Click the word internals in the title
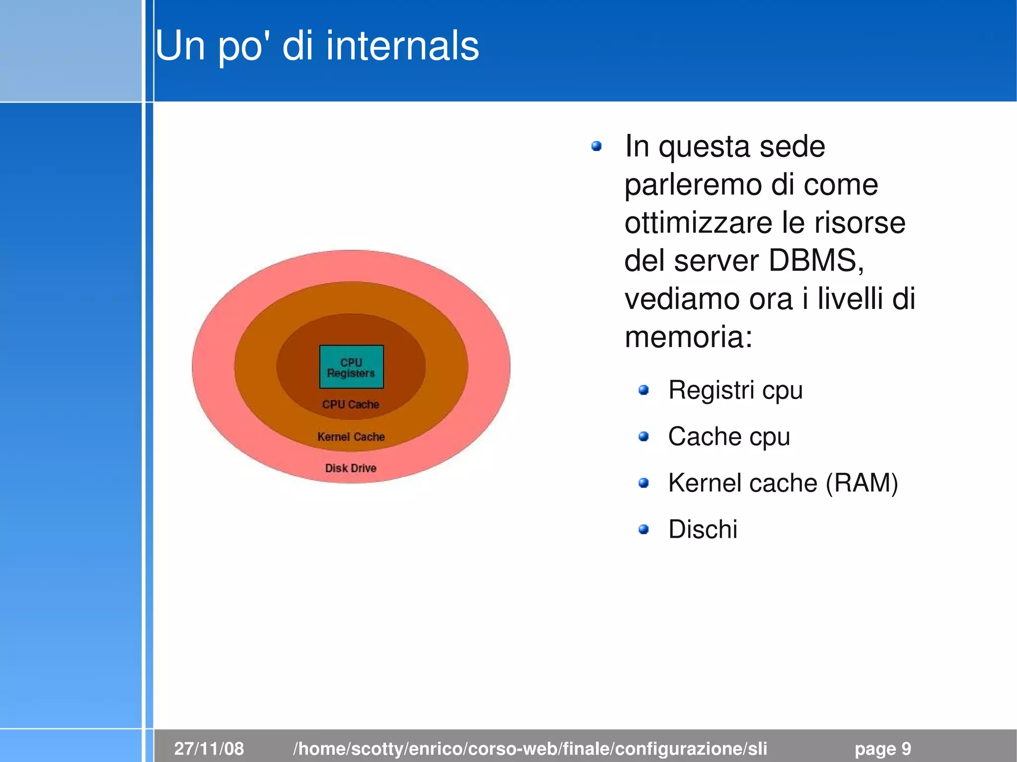402,46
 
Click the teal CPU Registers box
351,367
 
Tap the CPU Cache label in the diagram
351,405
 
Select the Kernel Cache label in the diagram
351,437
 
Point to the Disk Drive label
351,468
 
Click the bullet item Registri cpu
735,390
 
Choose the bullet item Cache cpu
728,437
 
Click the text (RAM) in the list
862,483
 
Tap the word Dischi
703,529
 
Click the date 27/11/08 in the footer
209,749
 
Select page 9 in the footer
882,749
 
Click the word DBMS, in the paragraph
816,261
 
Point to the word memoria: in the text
688,337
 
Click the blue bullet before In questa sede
596,146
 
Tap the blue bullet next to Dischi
644,529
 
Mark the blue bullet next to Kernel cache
644,483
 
